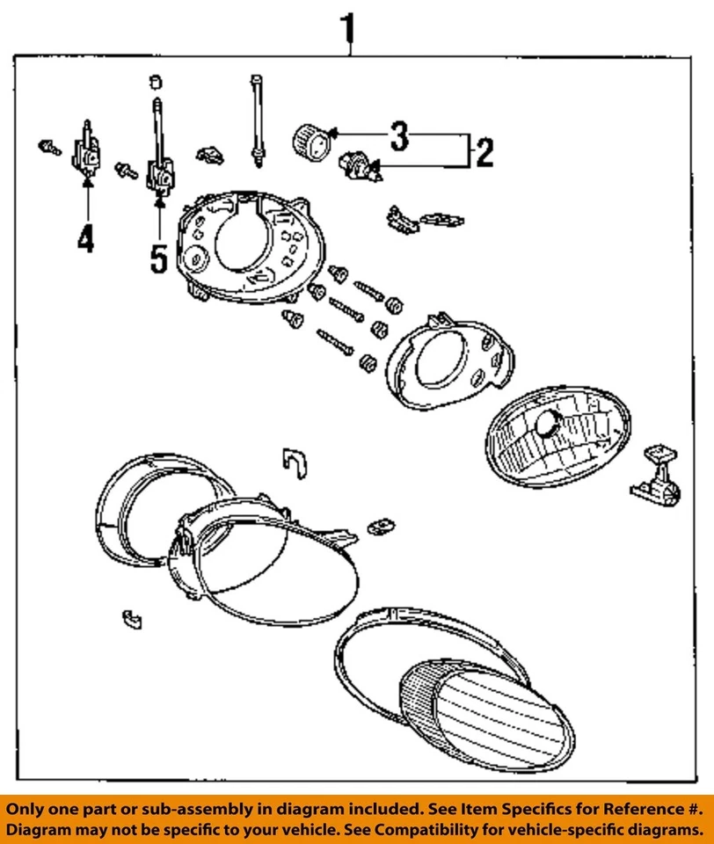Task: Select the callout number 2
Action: pos(483,153)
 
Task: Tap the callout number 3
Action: pos(399,136)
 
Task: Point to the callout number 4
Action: pos(85,239)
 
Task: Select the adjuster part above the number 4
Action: pos(88,153)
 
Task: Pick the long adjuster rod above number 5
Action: pos(159,141)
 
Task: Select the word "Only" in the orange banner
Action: pos(29,808)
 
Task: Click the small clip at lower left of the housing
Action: pos(131,617)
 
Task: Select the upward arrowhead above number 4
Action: pos(86,183)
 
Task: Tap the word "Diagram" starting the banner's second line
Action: pos(43,829)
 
